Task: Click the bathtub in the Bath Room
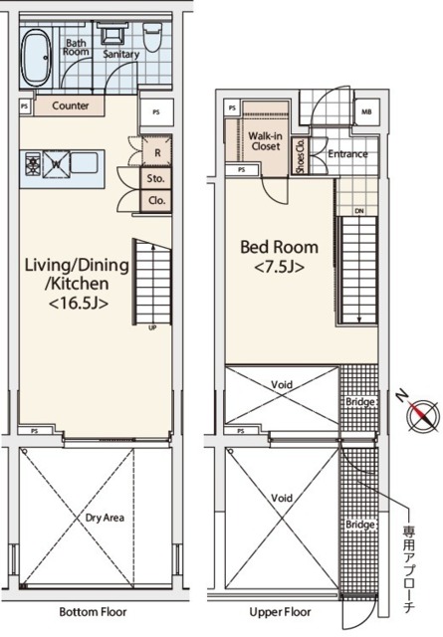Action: (36, 58)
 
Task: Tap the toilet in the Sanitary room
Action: (152, 38)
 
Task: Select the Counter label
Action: (71, 106)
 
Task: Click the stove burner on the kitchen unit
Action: (33, 163)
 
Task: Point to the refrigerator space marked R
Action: (156, 152)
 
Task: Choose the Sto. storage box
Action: (155, 179)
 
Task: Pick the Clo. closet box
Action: (156, 201)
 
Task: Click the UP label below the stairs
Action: (153, 327)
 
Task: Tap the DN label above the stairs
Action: (359, 211)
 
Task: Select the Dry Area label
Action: (105, 518)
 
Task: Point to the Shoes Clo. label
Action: (301, 157)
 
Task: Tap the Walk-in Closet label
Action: (266, 141)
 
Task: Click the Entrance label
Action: (347, 154)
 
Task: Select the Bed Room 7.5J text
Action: (279, 257)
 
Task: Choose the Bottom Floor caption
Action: (93, 612)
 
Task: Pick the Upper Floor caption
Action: (281, 612)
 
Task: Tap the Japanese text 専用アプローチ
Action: (409, 568)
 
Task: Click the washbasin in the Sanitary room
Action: (111, 32)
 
